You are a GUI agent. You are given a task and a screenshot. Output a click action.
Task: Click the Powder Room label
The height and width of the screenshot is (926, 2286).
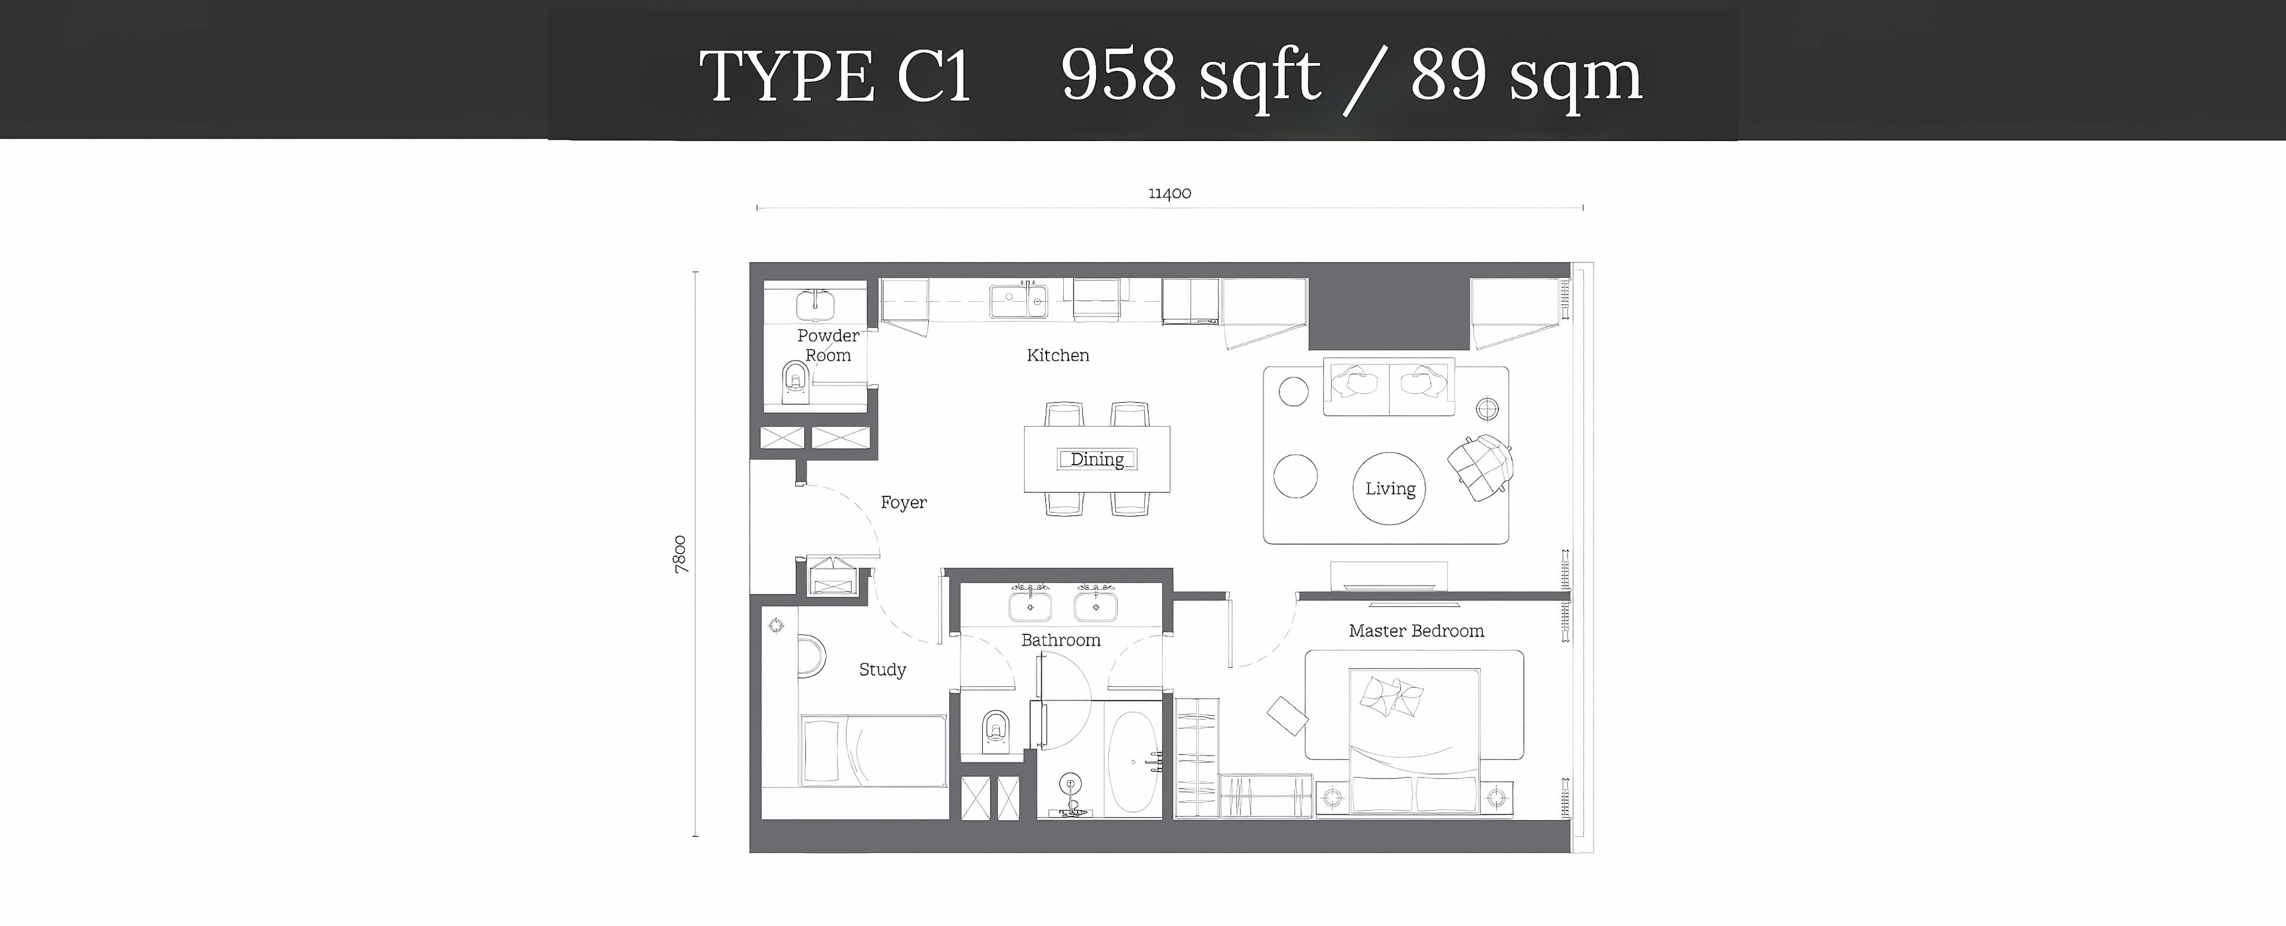(828, 345)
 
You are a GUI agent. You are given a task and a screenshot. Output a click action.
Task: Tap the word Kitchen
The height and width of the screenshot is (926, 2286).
(1058, 355)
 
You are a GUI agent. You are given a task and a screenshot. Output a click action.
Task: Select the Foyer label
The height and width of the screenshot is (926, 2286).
(904, 502)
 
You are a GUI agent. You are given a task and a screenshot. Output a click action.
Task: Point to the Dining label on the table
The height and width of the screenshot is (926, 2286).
(1097, 459)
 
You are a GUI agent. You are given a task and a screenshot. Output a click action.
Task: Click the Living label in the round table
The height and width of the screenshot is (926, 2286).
(1389, 489)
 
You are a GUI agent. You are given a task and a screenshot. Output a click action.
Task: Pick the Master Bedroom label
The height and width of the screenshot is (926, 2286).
(1416, 631)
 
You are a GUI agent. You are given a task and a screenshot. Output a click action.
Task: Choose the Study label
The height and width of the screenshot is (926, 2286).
(882, 670)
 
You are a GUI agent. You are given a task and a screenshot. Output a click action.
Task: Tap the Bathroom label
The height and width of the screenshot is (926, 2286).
(1060, 640)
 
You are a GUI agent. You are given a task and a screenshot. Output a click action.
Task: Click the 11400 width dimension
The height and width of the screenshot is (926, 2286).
(1170, 193)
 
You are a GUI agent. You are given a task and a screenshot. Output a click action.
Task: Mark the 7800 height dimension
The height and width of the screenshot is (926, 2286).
(680, 555)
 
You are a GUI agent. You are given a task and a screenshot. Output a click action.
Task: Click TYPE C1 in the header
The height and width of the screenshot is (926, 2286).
(835, 76)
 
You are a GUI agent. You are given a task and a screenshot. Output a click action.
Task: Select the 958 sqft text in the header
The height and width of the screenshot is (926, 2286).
(1190, 76)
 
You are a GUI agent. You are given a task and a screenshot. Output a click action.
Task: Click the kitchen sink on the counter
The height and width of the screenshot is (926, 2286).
(1019, 301)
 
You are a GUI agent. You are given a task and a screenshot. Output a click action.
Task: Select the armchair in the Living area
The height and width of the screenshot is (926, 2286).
(1480, 467)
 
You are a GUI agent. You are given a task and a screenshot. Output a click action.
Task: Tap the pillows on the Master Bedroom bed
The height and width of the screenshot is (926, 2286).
(1391, 696)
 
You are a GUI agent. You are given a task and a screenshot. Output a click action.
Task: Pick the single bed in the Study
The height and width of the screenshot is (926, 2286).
(873, 750)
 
